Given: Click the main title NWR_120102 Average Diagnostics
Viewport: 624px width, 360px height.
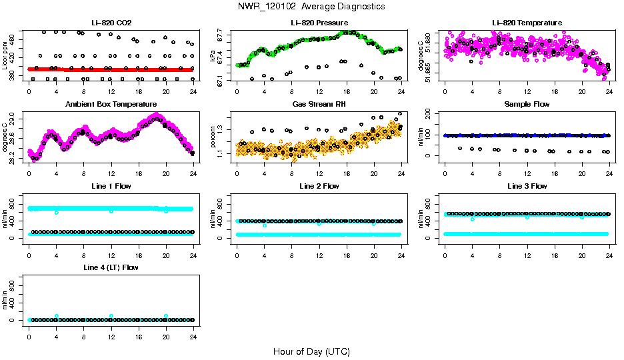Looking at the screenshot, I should tap(311, 7).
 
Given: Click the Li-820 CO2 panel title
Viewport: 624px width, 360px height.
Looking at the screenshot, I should tap(111, 23).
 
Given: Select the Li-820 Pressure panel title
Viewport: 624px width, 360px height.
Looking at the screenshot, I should tap(319, 23).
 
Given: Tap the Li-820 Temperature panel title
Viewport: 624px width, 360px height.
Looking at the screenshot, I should tap(527, 23).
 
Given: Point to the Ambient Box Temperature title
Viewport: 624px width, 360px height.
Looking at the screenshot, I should tap(111, 105).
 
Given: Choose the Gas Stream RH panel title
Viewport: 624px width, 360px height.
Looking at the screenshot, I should tap(319, 105).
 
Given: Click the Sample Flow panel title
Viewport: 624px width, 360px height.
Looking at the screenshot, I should tap(527, 105).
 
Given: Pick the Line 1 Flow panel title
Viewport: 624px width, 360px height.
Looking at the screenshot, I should tap(111, 186).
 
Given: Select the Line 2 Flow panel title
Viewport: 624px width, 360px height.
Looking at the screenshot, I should tap(319, 186).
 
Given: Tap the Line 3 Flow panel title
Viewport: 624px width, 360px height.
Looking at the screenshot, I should tap(527, 186).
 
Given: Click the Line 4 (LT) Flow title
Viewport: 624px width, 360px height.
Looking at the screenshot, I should tap(111, 267).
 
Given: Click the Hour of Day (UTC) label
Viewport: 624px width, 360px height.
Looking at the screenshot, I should tap(311, 351).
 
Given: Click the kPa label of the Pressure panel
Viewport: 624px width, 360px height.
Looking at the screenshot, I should tap(213, 56).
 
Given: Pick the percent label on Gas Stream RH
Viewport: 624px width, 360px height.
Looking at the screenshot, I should tap(213, 137).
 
